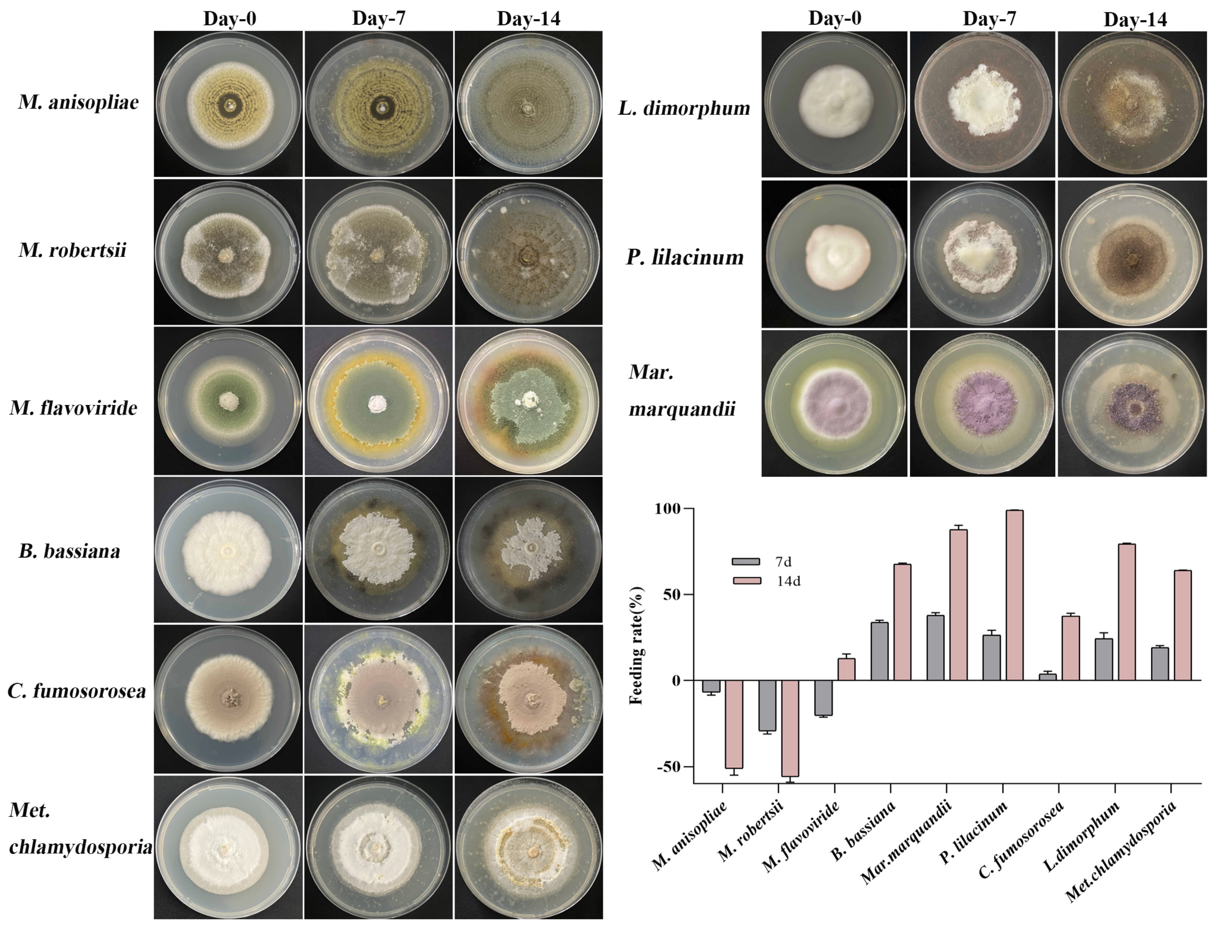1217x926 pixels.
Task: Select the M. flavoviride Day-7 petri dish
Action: (x=378, y=401)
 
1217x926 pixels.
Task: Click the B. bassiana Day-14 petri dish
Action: (x=528, y=550)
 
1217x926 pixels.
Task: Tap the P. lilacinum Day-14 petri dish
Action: (x=1132, y=255)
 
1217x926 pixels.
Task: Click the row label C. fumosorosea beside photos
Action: (x=77, y=690)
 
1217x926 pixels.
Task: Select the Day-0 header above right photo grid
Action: (x=834, y=19)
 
